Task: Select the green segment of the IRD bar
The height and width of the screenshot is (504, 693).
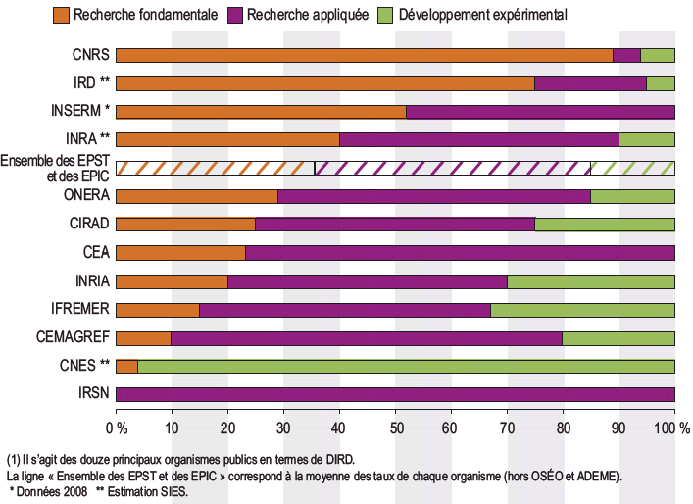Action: [661, 83]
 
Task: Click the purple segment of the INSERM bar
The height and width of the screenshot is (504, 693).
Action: [540, 112]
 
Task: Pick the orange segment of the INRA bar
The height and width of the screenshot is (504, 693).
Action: [227, 139]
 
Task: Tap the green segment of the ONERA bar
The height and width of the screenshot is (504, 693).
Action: [632, 196]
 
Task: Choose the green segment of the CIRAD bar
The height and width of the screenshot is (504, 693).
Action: [605, 224]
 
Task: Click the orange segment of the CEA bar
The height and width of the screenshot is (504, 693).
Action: [180, 253]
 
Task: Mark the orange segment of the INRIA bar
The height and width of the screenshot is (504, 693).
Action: [173, 281]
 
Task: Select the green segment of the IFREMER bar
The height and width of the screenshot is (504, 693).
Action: [582, 310]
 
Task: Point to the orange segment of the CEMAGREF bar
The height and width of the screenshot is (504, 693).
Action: [144, 338]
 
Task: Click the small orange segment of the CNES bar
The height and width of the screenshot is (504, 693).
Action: [126, 367]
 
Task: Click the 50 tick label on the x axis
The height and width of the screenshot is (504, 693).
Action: [395, 428]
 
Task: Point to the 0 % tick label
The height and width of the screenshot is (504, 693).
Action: [117, 428]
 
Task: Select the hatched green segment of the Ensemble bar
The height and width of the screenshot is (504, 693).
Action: [632, 168]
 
